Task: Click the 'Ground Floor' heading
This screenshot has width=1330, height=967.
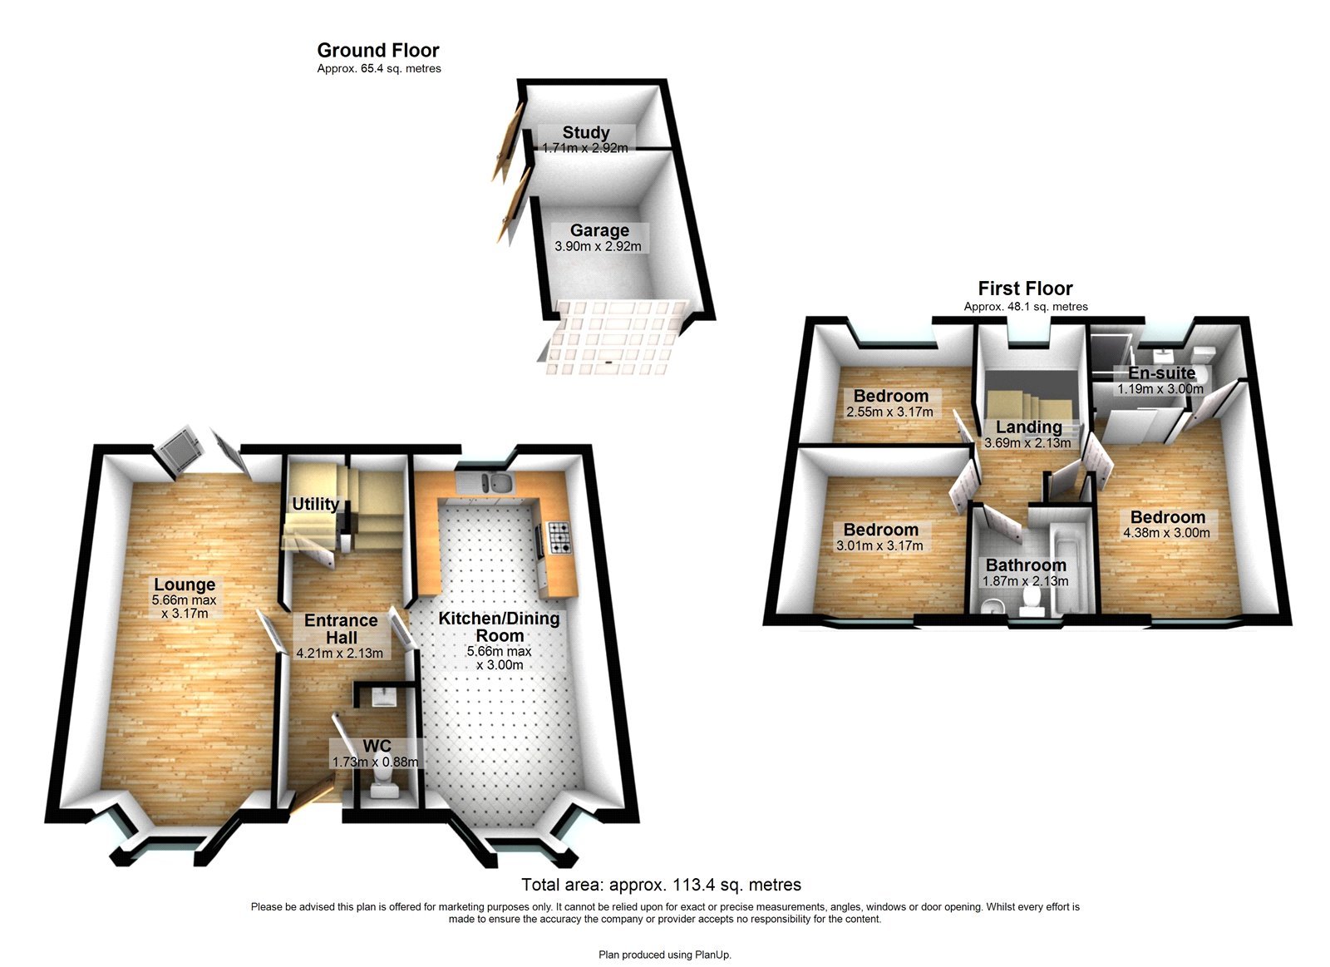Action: (378, 51)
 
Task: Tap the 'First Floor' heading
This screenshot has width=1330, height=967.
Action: (1025, 289)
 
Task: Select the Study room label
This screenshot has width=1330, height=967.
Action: (586, 132)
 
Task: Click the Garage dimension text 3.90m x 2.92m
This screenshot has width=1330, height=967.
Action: (598, 246)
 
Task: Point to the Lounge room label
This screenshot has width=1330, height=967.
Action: (185, 585)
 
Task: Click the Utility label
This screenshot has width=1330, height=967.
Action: (315, 504)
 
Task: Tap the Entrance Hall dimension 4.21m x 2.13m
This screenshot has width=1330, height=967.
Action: (340, 653)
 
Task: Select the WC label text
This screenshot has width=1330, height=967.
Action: (377, 746)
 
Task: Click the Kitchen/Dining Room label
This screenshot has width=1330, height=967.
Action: (500, 626)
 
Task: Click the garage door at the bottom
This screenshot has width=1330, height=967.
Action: (611, 337)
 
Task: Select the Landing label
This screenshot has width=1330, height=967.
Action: (1028, 427)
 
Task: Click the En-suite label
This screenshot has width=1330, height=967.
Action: (1161, 372)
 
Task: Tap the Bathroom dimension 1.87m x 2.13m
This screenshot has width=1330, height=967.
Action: (1025, 581)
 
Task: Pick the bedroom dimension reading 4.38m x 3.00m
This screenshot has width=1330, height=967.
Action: (1166, 533)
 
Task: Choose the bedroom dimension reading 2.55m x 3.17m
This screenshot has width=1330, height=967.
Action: (889, 412)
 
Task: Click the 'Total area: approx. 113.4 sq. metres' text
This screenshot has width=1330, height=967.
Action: (661, 885)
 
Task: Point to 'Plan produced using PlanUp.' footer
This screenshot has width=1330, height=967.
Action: (665, 955)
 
